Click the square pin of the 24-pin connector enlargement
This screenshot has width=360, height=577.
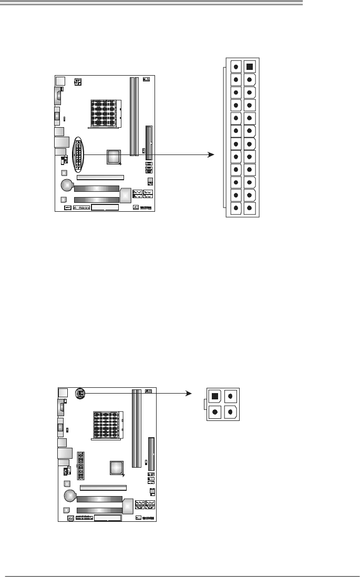[x=250, y=67]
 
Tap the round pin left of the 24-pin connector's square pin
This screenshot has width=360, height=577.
[x=235, y=67]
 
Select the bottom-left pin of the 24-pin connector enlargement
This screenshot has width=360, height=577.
[x=235, y=209]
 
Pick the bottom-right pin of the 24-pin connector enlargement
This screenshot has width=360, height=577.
[x=250, y=209]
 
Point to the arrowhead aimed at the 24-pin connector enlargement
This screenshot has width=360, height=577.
[x=211, y=154]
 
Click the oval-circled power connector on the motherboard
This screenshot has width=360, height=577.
[x=78, y=154]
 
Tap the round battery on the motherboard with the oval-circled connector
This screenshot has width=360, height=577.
[x=67, y=185]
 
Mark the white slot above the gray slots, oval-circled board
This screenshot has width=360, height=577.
[x=100, y=178]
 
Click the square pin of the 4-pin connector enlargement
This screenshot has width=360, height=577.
[x=215, y=396]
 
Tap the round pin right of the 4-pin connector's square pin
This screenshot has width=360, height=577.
[x=231, y=396]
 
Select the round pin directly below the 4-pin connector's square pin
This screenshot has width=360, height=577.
[x=215, y=411]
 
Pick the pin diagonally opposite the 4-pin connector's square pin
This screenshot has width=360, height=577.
[x=231, y=411]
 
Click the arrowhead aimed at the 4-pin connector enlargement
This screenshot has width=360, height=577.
[x=191, y=392]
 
